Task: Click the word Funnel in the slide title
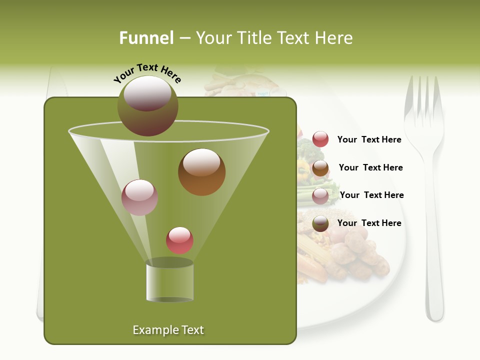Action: pyautogui.click(x=146, y=38)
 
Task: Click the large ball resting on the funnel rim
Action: pyautogui.click(x=147, y=106)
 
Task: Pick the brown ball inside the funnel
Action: pyautogui.click(x=201, y=172)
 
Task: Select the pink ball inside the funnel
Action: pyautogui.click(x=139, y=197)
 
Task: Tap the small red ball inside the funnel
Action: pyautogui.click(x=179, y=240)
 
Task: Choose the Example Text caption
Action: pyautogui.click(x=168, y=330)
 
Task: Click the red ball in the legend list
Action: pyautogui.click(x=320, y=139)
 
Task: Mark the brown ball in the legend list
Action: pyautogui.click(x=320, y=168)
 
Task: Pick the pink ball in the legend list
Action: pyautogui.click(x=320, y=196)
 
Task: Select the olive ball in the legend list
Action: pyautogui.click(x=320, y=223)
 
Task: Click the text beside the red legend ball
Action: pyautogui.click(x=369, y=139)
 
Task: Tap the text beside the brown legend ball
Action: pyautogui.click(x=370, y=167)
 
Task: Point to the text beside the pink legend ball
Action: pyautogui.click(x=371, y=195)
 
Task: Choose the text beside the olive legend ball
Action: pyautogui.click(x=369, y=223)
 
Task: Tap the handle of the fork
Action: pyautogui.click(x=434, y=260)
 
